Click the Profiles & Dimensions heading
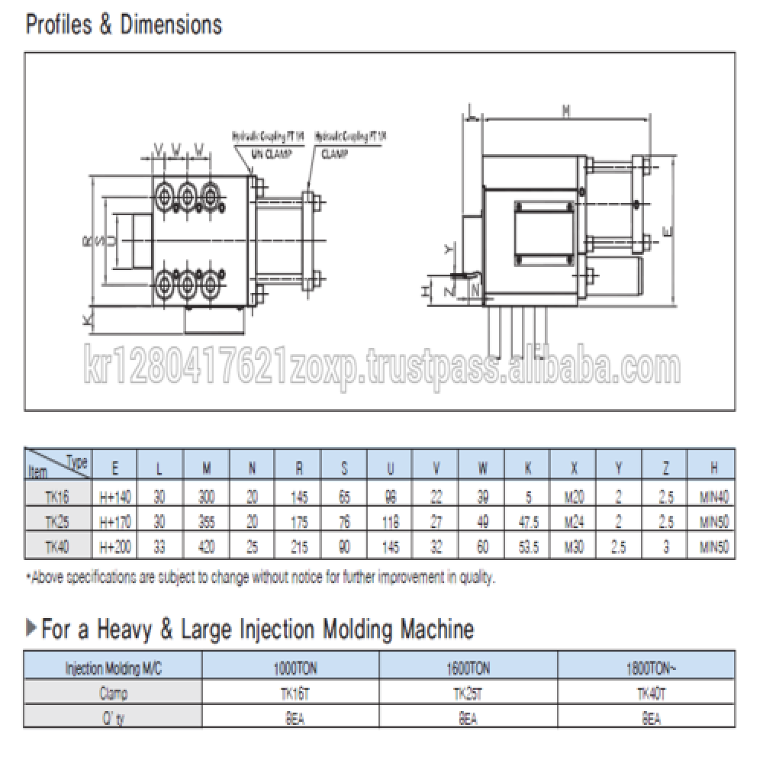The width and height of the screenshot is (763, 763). click(124, 24)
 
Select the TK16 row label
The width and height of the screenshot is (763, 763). click(57, 497)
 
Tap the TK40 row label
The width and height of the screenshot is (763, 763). click(57, 546)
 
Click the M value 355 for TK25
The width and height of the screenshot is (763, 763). click(206, 522)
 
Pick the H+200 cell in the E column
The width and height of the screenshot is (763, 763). click(115, 546)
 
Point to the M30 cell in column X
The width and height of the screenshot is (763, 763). click(575, 546)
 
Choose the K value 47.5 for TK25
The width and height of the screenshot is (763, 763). click(528, 522)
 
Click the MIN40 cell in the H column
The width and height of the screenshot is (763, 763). click(714, 497)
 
